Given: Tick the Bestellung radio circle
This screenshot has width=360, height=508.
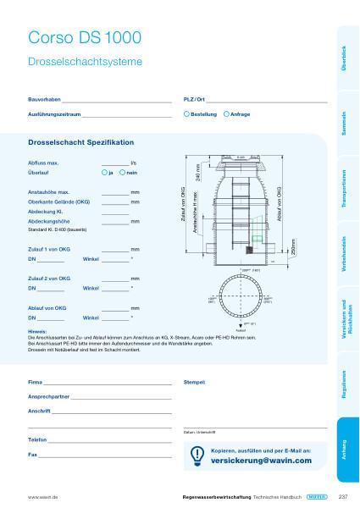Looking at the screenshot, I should click(186, 113).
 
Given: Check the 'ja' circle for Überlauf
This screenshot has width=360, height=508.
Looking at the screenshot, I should click(103, 172).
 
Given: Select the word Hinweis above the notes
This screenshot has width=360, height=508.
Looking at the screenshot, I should click(37, 331).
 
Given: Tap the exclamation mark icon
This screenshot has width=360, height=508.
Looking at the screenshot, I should click(197, 455).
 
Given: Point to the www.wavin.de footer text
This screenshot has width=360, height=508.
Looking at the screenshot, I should click(42, 497).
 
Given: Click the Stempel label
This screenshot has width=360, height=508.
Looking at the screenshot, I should click(195, 383).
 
